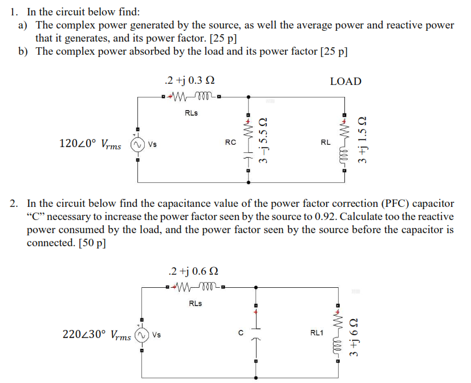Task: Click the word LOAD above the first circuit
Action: (x=346, y=82)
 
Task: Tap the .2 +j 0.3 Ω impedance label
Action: (x=188, y=80)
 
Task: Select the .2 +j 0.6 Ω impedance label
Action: (x=194, y=271)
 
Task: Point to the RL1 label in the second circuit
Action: (x=316, y=331)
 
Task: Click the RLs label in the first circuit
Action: (x=192, y=113)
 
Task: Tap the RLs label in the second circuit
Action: (x=194, y=303)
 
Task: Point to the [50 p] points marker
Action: (x=91, y=242)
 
